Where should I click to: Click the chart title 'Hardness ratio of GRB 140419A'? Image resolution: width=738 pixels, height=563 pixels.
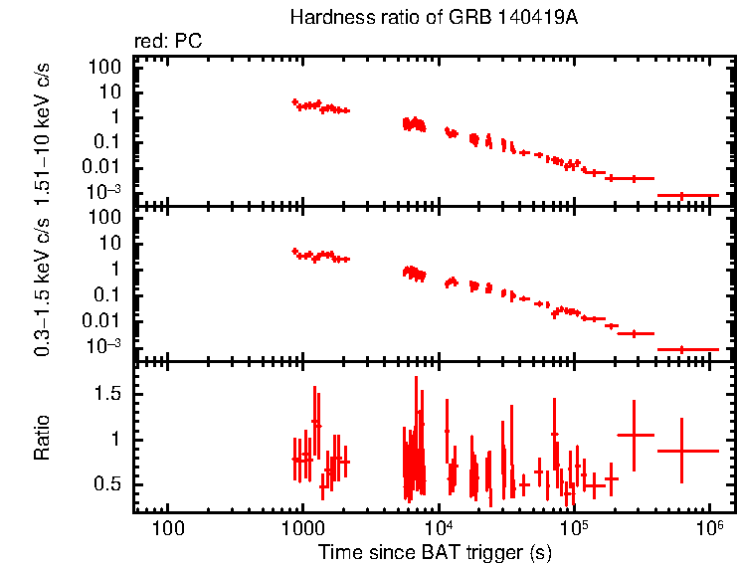[x=433, y=18]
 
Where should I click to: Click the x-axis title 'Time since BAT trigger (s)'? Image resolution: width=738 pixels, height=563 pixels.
[x=435, y=552]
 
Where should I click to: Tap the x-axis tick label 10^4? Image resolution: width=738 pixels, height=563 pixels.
[x=437, y=527]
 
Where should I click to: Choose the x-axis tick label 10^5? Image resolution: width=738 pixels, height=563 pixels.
[x=573, y=527]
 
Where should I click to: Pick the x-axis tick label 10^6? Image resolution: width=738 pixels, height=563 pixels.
[x=708, y=527]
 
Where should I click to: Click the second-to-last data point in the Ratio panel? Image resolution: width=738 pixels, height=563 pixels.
[x=634, y=435]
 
